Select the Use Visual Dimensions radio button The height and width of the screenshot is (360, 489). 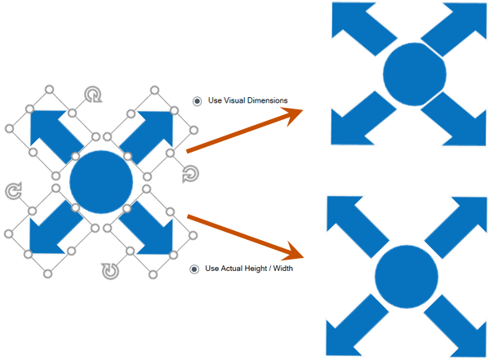[x=197, y=101]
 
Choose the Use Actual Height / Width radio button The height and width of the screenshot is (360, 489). [x=194, y=269]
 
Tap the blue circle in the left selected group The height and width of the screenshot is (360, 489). [x=101, y=182]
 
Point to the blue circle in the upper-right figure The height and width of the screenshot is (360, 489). [x=415, y=74]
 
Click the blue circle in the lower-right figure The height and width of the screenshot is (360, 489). [x=407, y=277]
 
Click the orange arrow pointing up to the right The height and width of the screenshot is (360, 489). [x=245, y=130]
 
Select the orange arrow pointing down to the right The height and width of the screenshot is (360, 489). [x=246, y=238]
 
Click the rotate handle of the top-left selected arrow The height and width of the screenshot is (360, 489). [x=93, y=94]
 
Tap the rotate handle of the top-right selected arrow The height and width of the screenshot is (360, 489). [x=190, y=174]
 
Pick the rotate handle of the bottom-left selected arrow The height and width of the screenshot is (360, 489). [x=13, y=190]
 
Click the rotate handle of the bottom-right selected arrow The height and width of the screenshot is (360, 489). [x=110, y=271]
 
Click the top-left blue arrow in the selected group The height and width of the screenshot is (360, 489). [x=55, y=134]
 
